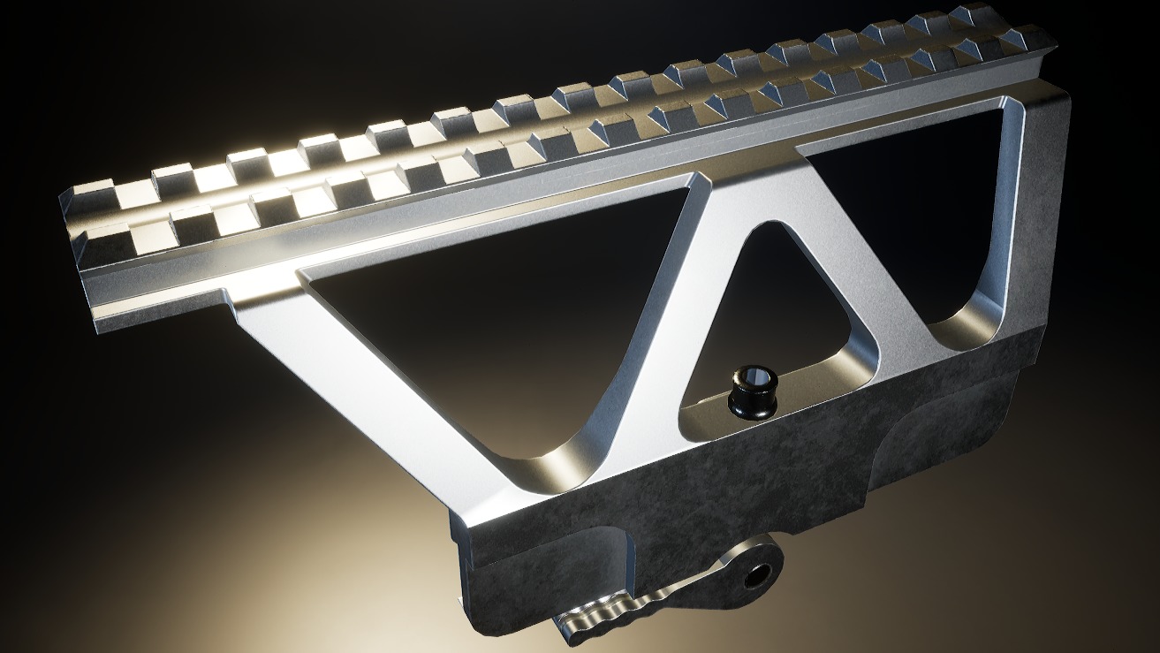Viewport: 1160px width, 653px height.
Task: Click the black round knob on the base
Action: (x=753, y=394)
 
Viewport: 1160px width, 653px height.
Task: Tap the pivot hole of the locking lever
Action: (x=756, y=576)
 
